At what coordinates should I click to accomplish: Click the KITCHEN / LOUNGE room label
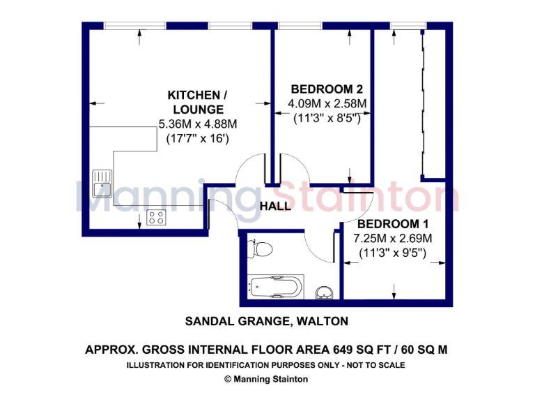click(196, 102)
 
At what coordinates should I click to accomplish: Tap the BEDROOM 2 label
click(327, 89)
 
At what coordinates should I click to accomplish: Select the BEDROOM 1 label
click(392, 225)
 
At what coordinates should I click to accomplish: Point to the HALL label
click(275, 207)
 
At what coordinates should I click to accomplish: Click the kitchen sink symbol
click(102, 183)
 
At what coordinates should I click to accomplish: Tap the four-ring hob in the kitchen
click(156, 217)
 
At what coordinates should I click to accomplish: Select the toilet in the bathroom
click(261, 248)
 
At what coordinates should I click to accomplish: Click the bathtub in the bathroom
click(276, 286)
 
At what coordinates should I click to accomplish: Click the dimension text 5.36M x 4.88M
click(198, 125)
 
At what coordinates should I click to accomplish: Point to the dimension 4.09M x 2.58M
click(327, 104)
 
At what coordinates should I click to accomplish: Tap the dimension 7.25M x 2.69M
click(392, 239)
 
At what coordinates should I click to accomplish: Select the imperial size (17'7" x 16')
click(197, 139)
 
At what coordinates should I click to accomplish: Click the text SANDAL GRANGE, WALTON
click(266, 322)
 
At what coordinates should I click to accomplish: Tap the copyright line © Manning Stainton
click(267, 379)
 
